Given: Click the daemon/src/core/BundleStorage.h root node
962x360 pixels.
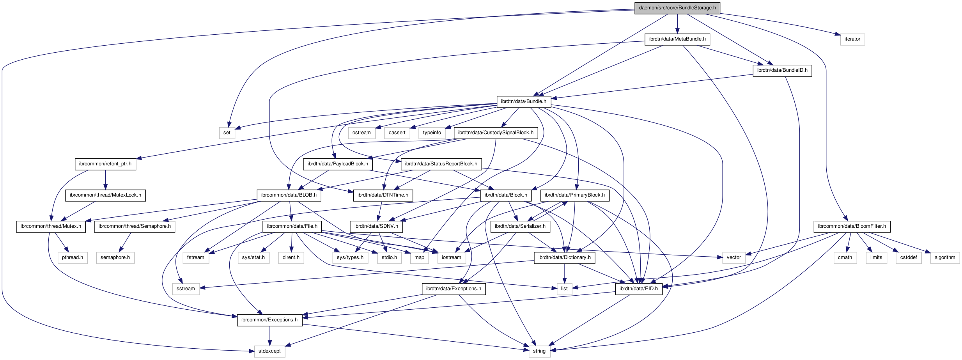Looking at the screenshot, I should point(677,8).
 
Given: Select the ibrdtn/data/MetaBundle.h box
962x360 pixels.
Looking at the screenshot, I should point(677,39).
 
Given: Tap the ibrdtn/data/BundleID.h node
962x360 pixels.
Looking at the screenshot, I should point(782,70).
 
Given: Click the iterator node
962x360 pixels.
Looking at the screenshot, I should point(852,39).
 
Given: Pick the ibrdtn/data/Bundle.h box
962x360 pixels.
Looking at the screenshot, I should point(523,101).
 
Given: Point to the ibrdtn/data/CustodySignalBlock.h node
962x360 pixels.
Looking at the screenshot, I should point(495,133).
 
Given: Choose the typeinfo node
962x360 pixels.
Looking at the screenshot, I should point(432,133).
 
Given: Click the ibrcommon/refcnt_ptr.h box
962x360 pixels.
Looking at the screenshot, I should point(105,164).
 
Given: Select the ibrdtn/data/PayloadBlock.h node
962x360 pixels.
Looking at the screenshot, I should point(337,164).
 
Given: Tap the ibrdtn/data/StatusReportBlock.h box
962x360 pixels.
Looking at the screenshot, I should point(441,164).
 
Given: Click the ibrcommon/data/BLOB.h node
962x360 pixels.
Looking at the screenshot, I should point(289,195).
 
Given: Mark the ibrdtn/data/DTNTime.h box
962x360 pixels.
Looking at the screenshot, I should point(383,195).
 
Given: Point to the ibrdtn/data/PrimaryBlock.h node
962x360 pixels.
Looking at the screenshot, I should point(574,195).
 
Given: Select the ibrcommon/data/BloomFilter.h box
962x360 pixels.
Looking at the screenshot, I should point(852,226).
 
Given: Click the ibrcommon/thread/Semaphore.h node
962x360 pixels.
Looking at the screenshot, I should point(134,226).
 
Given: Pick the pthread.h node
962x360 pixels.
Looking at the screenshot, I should point(72,257).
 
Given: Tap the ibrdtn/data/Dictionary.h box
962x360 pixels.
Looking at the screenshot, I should point(564,257).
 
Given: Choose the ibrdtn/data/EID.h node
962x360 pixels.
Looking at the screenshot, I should point(638,289).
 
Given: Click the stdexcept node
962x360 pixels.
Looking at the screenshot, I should point(269,351).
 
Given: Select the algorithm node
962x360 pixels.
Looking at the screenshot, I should point(944,257).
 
